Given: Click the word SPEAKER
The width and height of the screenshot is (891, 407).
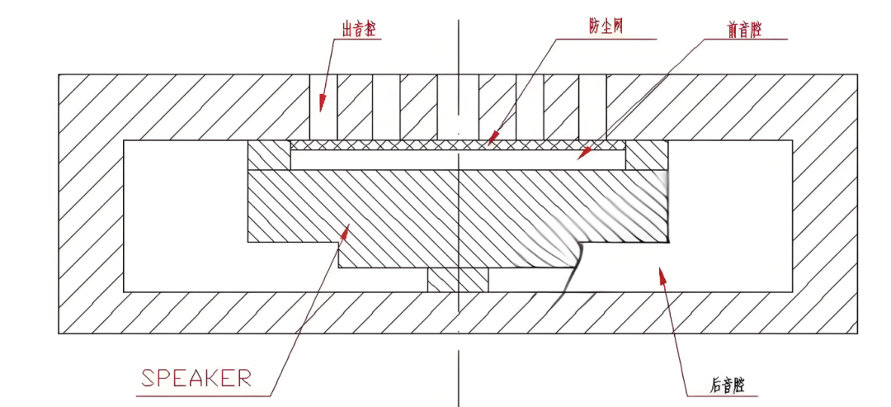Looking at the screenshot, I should [196, 378].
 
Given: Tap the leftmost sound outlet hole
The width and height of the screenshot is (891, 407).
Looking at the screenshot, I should [323, 106].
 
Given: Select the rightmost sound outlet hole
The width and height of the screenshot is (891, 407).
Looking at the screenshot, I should [592, 106].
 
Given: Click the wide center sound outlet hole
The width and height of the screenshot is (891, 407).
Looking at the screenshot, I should [458, 106].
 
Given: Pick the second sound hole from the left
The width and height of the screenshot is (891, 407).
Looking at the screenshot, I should [387, 106].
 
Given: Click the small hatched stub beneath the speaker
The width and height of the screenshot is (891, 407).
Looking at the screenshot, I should [458, 280].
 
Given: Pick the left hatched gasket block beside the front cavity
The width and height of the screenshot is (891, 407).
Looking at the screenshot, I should [269, 155].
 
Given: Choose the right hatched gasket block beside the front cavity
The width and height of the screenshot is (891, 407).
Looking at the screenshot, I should [646, 155].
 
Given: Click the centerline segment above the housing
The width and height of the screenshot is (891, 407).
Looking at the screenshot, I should [458, 45].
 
